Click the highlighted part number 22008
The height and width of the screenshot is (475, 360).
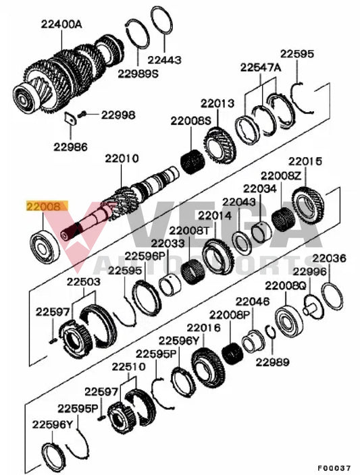tap(45, 208)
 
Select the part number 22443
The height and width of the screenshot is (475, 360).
tap(164, 59)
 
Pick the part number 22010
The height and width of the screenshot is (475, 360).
tap(122, 159)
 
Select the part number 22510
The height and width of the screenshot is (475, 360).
tap(128, 367)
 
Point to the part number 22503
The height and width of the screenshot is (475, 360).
tap(82, 281)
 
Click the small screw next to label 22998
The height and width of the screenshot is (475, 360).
tap(84, 114)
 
